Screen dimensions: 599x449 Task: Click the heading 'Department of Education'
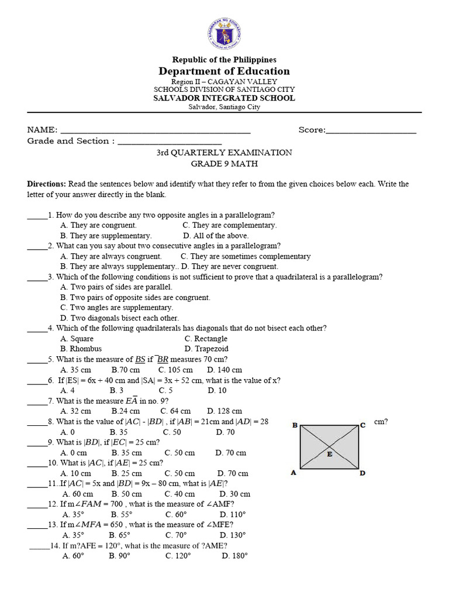coord(224,71)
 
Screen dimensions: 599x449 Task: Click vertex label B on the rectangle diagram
coord(295,425)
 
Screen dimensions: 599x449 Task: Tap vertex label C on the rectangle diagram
coord(362,425)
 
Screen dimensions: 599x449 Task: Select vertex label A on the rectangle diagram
coord(294,473)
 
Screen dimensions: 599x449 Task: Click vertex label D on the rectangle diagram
coord(362,473)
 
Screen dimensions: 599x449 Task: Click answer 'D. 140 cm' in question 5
coord(224,370)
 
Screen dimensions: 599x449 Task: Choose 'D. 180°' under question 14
coord(234,556)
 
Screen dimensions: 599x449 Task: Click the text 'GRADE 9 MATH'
coord(224,164)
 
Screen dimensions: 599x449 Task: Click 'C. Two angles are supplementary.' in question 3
coord(117,308)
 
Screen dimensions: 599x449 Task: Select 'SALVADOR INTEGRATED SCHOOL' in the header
coord(224,98)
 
